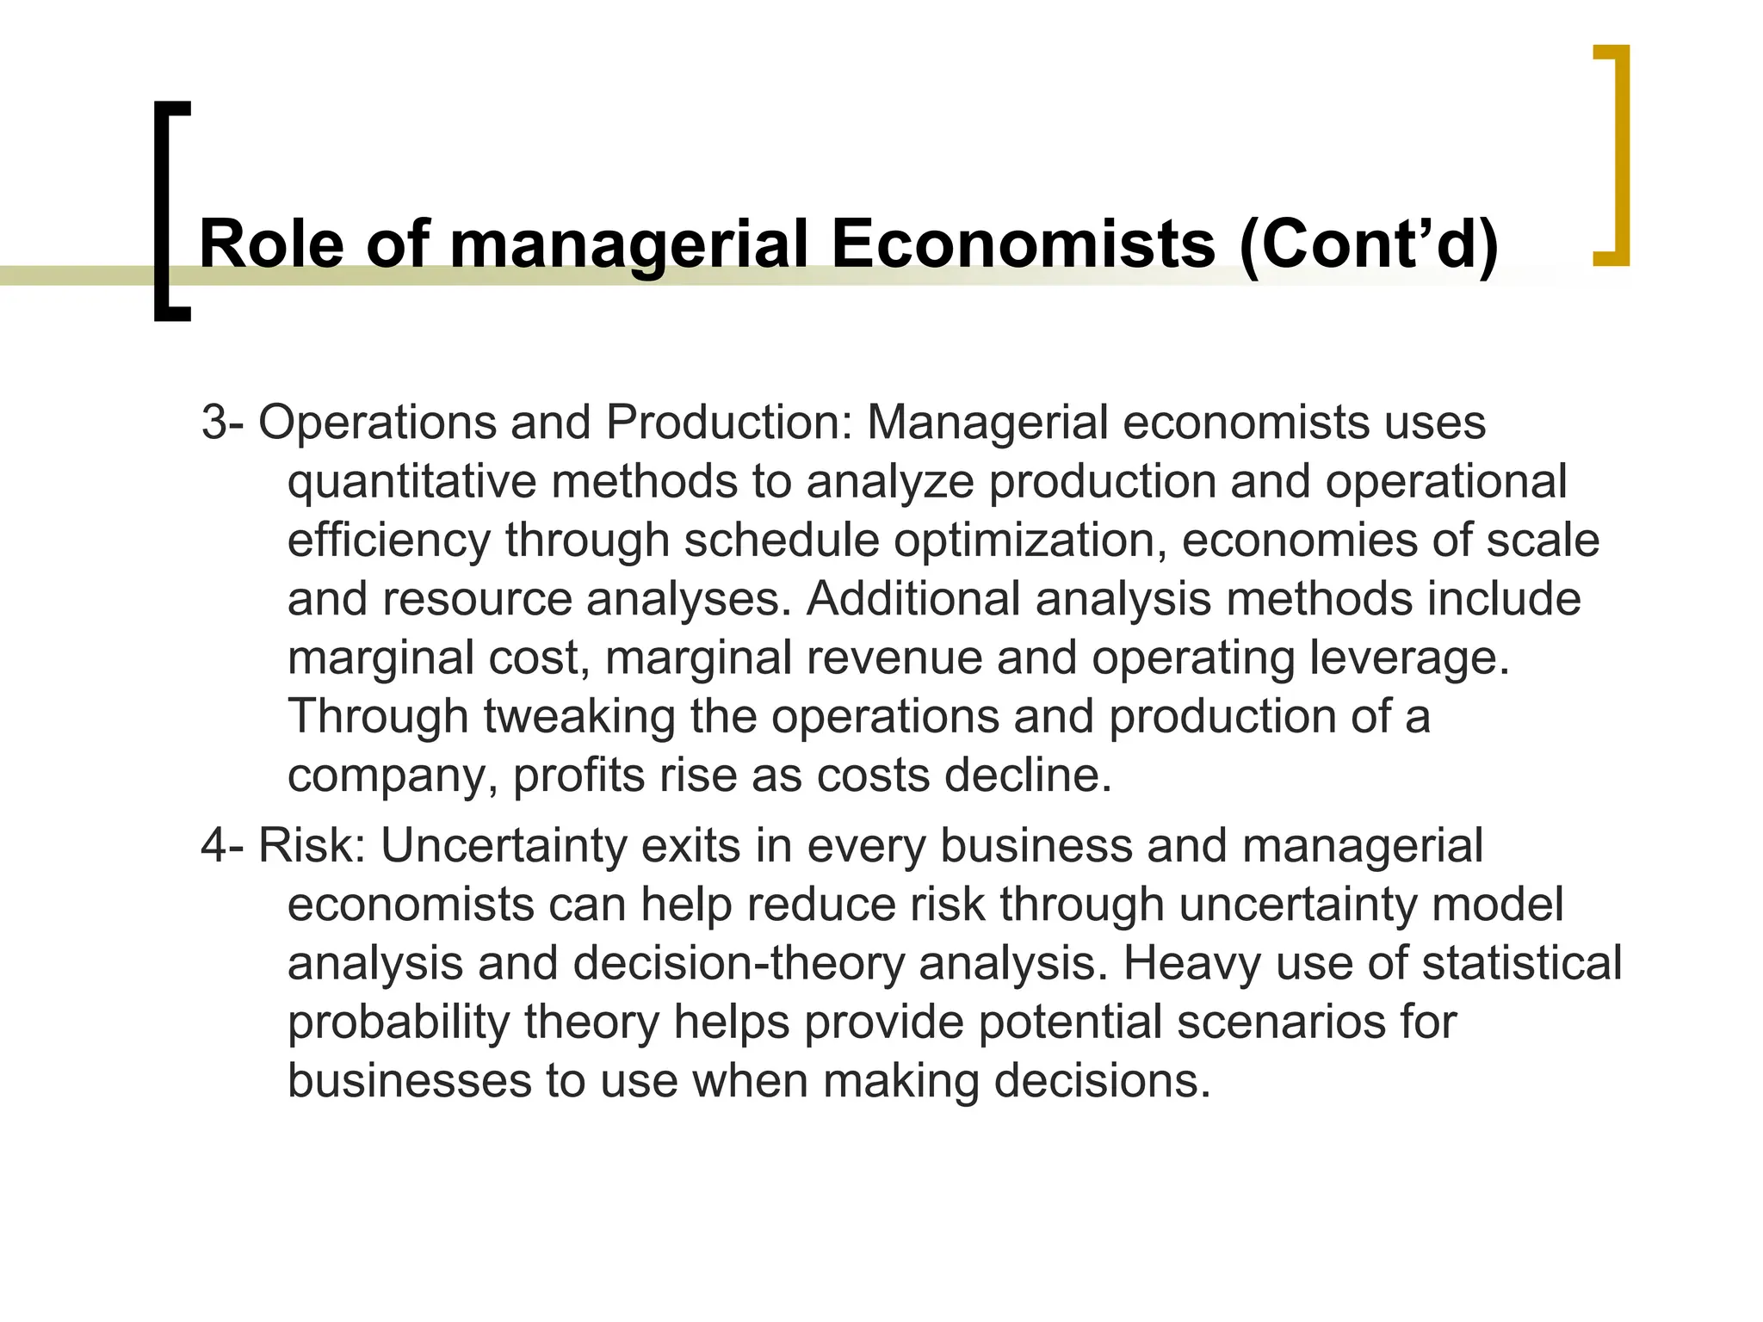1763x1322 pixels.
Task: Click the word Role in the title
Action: tap(271, 244)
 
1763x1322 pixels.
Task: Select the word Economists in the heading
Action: tap(1023, 244)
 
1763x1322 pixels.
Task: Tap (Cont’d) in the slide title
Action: tap(1369, 246)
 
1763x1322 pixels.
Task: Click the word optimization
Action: tap(1030, 541)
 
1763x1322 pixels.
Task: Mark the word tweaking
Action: tap(578, 717)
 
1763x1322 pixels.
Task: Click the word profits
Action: tap(578, 775)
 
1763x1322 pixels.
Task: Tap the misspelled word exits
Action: tap(691, 845)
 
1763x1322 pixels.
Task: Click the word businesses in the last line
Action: tap(409, 1081)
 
